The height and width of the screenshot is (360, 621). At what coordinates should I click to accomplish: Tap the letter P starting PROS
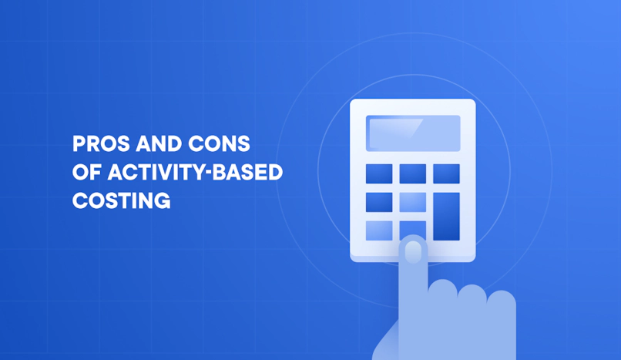click(x=78, y=144)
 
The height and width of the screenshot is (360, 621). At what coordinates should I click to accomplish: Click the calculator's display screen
click(x=413, y=133)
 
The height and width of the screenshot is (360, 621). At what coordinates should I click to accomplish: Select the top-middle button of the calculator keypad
click(x=412, y=173)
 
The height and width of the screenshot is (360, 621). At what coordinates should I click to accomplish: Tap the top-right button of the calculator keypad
click(x=446, y=173)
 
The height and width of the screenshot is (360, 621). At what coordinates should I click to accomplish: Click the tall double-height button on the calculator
click(x=446, y=217)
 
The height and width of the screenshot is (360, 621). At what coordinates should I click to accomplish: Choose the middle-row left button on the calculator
click(x=379, y=202)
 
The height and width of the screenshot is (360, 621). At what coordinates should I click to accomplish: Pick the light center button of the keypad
click(x=412, y=202)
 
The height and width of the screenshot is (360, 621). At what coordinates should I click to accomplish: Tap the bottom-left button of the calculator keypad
click(x=379, y=230)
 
